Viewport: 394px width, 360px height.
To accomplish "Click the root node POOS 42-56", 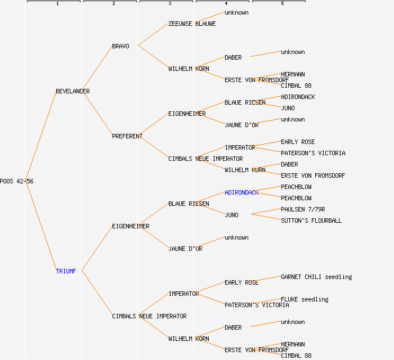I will (x=16, y=181).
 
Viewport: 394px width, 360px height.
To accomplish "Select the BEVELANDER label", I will (x=73, y=91).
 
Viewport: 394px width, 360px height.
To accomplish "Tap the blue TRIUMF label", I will (x=66, y=271).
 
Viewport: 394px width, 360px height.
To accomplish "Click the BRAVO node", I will (x=120, y=46).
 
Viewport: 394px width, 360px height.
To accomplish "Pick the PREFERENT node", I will (x=127, y=136).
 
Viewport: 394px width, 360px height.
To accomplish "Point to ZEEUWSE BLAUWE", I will (x=192, y=24).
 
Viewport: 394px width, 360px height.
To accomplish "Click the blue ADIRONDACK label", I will (x=241, y=192).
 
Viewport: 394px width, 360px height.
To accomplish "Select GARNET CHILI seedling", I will (x=316, y=277).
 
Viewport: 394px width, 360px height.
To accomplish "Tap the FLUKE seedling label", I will (x=305, y=299).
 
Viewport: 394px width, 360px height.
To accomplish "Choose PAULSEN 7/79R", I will (x=303, y=209).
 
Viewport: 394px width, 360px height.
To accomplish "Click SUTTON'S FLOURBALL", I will (x=311, y=220).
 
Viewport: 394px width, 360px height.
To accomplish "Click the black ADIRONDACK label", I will (x=298, y=97).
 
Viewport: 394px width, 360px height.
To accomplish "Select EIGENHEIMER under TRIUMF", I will (x=131, y=226).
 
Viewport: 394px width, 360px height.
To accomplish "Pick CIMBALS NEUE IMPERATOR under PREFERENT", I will (x=205, y=159).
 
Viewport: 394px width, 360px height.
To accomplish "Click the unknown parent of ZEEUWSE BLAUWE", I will (x=236, y=12).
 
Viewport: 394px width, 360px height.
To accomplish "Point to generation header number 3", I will (x=169, y=4).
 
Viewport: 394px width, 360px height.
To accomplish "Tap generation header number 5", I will (x=282, y=4).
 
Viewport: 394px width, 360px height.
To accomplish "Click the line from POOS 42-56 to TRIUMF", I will (x=41, y=226).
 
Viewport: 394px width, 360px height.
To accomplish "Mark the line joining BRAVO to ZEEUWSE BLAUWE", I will (x=153, y=34).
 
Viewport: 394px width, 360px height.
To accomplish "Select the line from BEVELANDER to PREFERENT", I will (x=97, y=113).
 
